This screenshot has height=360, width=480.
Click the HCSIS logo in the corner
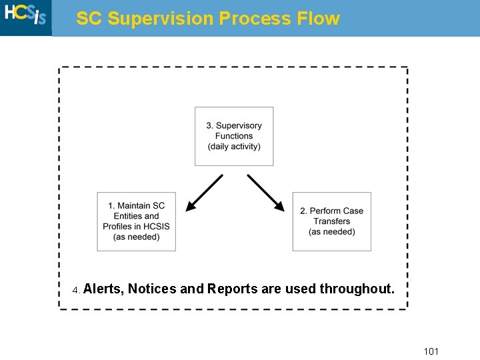(x=25, y=16)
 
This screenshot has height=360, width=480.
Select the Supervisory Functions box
(x=233, y=136)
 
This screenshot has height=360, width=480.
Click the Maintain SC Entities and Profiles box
(x=136, y=221)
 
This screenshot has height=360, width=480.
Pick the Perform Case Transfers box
(x=331, y=221)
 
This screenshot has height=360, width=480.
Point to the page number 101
(x=431, y=351)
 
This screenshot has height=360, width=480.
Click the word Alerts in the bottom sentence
(x=103, y=289)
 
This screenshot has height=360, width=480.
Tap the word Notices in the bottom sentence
(x=152, y=289)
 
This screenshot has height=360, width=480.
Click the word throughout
(x=357, y=289)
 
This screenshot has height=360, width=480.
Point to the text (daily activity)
(x=234, y=147)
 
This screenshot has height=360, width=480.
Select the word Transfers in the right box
(x=331, y=221)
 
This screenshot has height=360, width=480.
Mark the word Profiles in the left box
(x=118, y=227)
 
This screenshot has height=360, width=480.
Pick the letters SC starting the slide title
(x=89, y=19)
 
